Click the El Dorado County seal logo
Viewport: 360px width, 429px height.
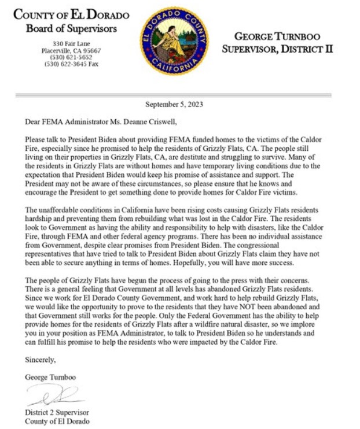tap(174, 41)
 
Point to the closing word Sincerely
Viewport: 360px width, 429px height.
tap(41, 360)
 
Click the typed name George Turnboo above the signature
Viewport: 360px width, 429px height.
tap(51, 377)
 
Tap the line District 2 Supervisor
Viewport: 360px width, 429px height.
tap(57, 413)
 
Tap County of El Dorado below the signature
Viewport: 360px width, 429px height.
tap(57, 421)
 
